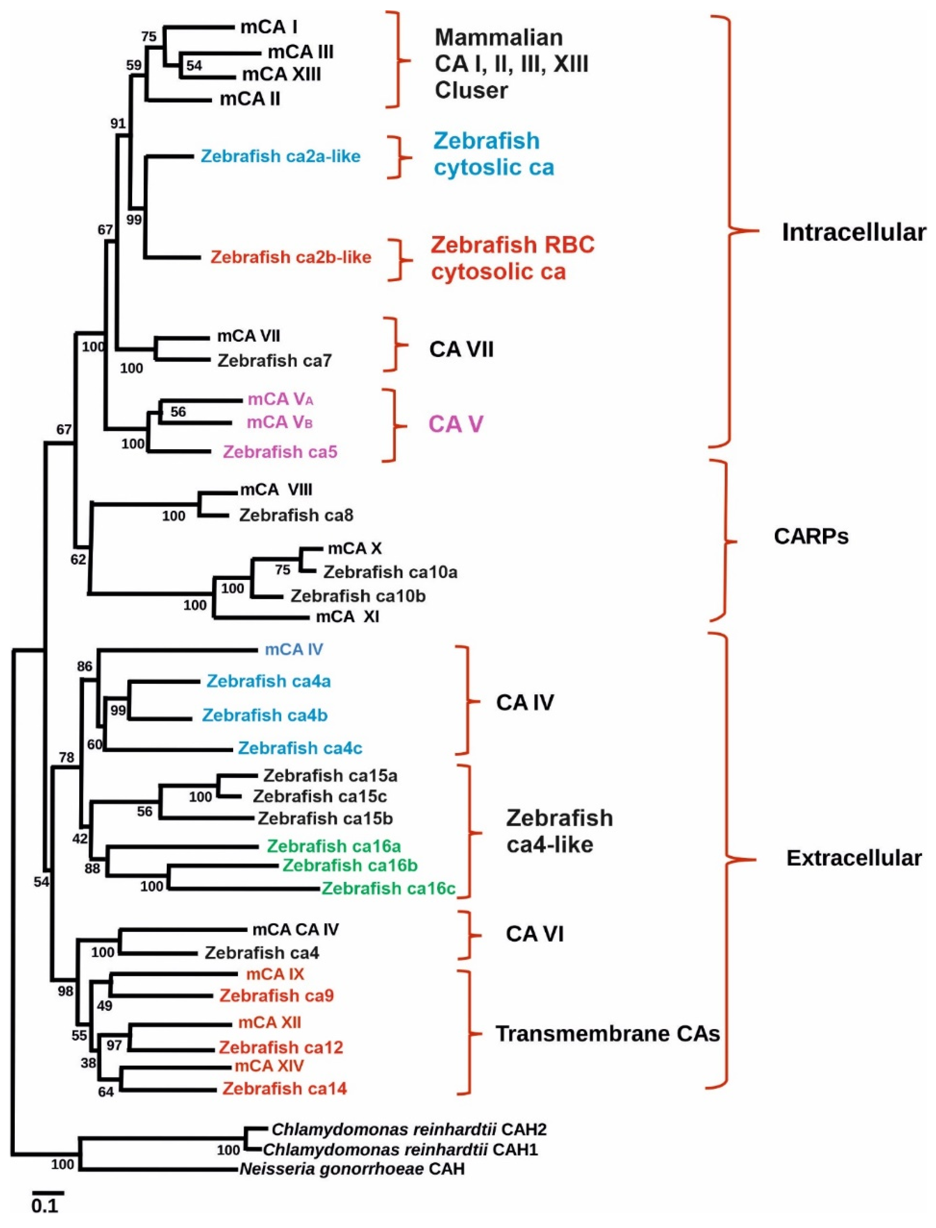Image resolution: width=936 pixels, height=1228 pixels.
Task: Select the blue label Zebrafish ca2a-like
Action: click(280, 156)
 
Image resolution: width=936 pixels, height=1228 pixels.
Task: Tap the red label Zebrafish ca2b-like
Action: click(291, 257)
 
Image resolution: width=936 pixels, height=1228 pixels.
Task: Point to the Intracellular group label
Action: click(854, 232)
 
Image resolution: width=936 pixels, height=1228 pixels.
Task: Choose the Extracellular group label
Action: click(854, 858)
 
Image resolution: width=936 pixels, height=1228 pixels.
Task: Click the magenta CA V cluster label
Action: click(456, 425)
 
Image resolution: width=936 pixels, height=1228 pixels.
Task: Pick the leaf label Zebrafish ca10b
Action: click(358, 596)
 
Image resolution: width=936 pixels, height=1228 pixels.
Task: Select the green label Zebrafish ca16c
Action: click(388, 888)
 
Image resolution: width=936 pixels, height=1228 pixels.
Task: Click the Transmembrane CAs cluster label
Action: click(608, 1034)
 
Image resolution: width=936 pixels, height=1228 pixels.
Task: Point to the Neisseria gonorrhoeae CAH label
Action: click(352, 1168)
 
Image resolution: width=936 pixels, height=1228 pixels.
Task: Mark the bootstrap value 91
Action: click(118, 124)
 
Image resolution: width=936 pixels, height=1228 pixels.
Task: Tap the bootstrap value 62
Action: click(78, 559)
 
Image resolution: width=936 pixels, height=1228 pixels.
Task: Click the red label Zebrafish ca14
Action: click(285, 1088)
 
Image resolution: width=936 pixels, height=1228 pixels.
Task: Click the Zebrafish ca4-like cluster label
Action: click(559, 831)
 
